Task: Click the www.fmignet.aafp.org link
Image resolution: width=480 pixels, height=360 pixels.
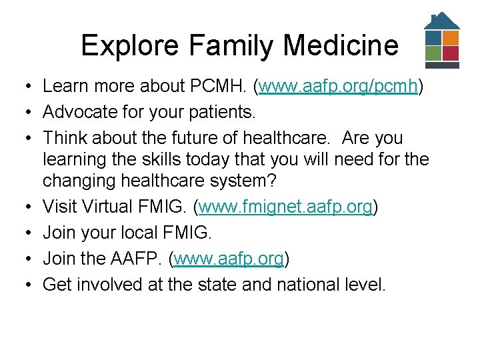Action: tap(285, 207)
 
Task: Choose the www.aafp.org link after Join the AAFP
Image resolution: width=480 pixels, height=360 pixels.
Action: tap(229, 259)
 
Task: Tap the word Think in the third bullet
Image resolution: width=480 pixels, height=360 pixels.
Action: tap(64, 138)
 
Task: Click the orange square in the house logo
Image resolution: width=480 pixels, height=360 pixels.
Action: tap(451, 37)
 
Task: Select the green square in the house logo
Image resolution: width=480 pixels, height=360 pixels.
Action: tap(433, 53)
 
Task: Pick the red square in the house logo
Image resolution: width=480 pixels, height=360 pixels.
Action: tap(451, 53)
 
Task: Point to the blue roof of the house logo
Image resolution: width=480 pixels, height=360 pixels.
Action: tap(442, 21)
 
